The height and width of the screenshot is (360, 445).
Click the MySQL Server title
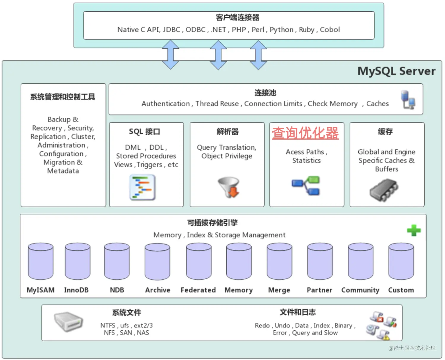click(x=396, y=71)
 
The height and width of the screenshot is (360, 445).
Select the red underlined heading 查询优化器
click(x=305, y=133)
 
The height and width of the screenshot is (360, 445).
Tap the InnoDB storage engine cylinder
click(x=77, y=261)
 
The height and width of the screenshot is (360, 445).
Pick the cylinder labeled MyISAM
click(x=41, y=261)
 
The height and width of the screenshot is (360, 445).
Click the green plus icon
click(x=414, y=230)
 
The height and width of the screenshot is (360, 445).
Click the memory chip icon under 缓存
click(x=384, y=190)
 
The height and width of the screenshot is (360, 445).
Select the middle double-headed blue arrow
click(x=218, y=55)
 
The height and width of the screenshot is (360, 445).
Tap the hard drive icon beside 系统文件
click(x=68, y=322)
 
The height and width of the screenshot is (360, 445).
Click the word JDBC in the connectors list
click(x=171, y=30)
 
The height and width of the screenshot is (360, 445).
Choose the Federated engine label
click(x=198, y=290)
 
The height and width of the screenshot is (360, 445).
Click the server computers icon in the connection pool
click(x=408, y=100)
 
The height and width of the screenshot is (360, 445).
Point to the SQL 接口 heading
click(x=144, y=132)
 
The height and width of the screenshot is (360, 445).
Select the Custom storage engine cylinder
click(x=401, y=261)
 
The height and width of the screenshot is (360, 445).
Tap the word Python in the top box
click(x=281, y=30)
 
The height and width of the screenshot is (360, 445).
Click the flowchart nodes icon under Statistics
click(x=306, y=186)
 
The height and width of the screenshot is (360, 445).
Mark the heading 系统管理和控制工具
click(x=63, y=97)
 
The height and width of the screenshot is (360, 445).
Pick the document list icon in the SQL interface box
click(x=142, y=187)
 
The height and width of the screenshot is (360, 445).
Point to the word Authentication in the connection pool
click(x=166, y=104)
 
